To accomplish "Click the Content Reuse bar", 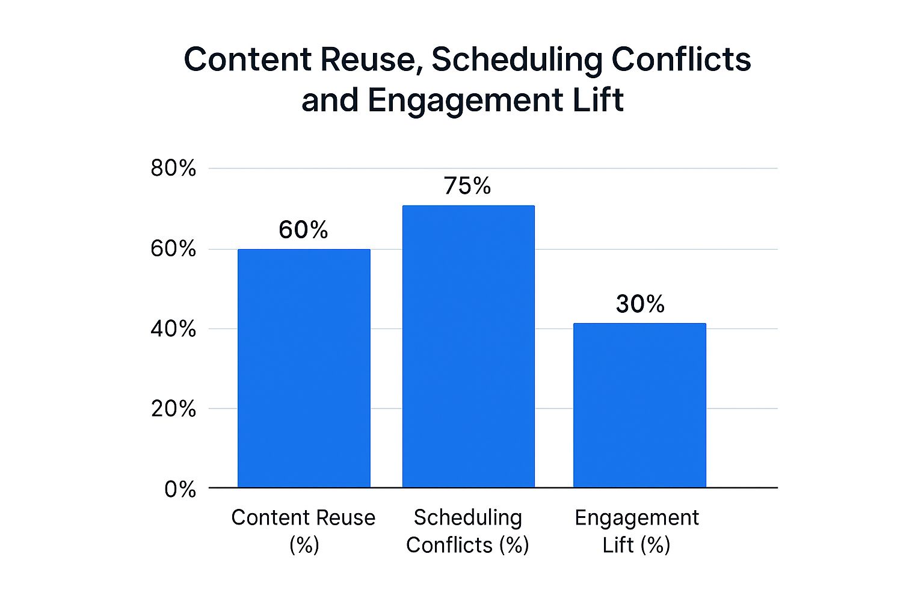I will (x=304, y=368).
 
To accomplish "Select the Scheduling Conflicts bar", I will (x=468, y=346).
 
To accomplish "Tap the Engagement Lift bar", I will (x=639, y=405).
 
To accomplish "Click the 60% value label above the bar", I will (x=303, y=230).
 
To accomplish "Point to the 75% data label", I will (x=467, y=186).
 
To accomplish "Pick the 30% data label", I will (x=640, y=304).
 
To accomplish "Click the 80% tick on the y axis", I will (x=173, y=168).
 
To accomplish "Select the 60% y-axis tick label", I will (x=173, y=248).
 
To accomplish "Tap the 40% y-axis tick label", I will (x=173, y=329).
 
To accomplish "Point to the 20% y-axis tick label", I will (x=173, y=409).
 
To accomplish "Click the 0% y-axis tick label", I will (x=180, y=489).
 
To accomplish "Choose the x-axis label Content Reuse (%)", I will (x=303, y=531).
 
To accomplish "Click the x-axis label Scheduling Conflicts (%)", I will (x=467, y=531).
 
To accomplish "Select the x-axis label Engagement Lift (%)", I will (x=636, y=531).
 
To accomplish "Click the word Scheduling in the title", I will (x=517, y=60).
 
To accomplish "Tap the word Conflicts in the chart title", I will (x=681, y=60).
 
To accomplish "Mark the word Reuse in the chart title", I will (x=368, y=60).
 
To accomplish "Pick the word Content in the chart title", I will (x=247, y=60).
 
